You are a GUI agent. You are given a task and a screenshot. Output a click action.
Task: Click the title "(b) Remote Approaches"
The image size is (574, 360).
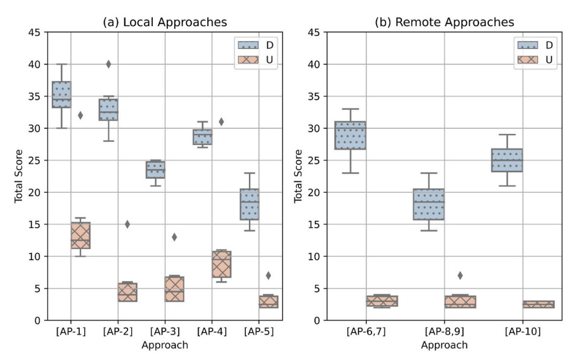[x=445, y=22]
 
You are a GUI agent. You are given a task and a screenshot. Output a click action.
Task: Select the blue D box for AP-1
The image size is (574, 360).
[x=61, y=94]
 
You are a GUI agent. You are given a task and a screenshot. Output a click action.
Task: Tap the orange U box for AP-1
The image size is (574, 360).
[x=80, y=235]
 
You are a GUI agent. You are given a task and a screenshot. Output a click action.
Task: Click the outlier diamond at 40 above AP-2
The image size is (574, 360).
[x=108, y=64]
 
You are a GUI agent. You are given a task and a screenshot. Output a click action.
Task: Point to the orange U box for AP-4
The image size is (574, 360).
[x=221, y=264]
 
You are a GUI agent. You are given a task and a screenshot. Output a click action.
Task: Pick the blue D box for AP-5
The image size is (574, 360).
[x=249, y=204]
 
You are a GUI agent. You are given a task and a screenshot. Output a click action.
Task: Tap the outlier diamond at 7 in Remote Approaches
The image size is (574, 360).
[x=460, y=275]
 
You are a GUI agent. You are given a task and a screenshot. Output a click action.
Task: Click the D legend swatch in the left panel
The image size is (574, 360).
[x=247, y=45]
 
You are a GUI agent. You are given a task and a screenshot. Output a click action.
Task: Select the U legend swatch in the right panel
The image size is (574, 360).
[x=527, y=60]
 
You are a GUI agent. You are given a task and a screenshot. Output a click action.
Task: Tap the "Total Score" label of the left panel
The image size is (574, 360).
[x=19, y=176]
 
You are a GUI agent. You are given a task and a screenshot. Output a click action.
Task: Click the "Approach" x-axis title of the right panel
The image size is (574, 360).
[x=445, y=346]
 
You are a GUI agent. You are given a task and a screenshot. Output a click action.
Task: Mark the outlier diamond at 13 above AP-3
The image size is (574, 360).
[x=174, y=237]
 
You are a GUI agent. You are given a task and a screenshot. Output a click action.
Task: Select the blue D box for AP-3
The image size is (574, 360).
[x=155, y=170]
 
